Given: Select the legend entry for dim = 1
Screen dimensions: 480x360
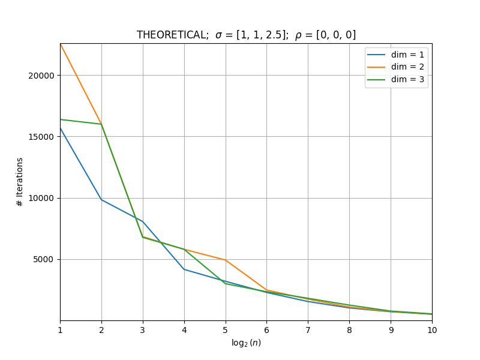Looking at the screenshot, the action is [395, 55].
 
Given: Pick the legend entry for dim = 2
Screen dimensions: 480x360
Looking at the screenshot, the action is [395, 67].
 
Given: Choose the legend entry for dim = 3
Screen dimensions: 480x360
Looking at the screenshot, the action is [395, 79].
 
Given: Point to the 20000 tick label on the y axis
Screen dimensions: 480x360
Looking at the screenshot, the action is [41, 76].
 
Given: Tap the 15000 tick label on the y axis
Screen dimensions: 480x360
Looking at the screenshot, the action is [41, 137].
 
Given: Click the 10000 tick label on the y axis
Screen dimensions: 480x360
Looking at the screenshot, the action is [41, 198].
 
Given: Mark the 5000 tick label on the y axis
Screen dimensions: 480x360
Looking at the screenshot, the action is [43, 260].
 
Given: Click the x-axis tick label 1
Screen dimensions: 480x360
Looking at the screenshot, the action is [61, 330].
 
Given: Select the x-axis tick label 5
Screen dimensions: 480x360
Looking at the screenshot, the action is [226, 330].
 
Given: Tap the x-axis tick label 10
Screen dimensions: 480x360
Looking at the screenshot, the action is [432, 330].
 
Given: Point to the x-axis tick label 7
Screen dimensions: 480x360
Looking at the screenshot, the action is [308, 330].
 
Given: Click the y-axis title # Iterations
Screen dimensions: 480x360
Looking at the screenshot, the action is [20, 182].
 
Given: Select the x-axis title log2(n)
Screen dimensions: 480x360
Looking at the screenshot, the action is [246, 343].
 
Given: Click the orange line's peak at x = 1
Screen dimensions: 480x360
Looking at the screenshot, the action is [61, 44].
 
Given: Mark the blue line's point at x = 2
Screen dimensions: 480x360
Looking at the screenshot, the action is [101, 200].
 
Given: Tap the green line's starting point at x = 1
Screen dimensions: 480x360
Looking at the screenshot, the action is [61, 119].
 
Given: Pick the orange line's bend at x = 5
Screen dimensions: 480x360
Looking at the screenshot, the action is [226, 260].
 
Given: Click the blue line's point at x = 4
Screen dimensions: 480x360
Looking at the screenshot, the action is [184, 269].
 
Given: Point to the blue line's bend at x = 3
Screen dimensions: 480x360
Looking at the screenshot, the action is [143, 221].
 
